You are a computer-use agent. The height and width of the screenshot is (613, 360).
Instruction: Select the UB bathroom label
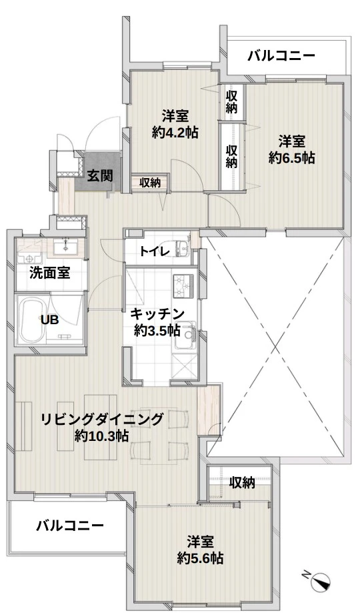50,320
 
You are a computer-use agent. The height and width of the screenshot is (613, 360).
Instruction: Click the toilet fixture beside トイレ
179,247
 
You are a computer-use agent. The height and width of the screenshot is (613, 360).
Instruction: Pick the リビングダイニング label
102,420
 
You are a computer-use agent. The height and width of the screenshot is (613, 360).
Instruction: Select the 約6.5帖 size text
291,157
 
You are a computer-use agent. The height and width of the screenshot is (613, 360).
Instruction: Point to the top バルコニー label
281,56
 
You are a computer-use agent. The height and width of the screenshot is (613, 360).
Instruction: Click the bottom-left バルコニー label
70,525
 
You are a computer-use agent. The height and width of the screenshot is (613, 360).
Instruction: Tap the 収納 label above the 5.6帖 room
243,483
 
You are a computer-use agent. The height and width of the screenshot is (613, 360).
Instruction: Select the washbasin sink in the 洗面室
65,247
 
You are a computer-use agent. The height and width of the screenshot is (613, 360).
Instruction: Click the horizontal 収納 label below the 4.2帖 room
150,182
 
